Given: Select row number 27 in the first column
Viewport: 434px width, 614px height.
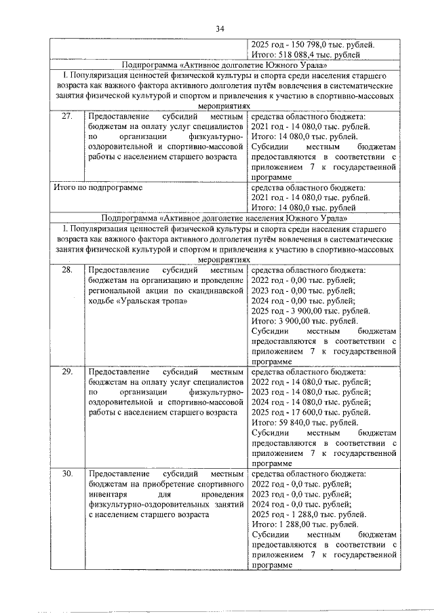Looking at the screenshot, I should pos(66,117).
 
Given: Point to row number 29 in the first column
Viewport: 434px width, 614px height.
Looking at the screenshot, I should pos(66,372).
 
